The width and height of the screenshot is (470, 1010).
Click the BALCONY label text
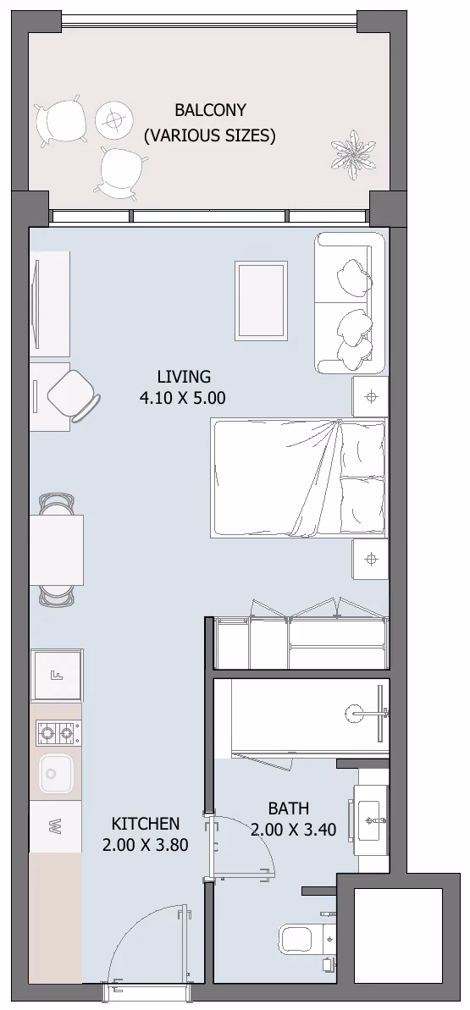point(210,110)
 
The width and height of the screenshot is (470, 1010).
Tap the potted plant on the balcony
point(352,154)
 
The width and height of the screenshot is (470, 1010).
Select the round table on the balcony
point(114,119)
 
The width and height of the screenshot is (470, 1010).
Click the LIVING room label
point(184,376)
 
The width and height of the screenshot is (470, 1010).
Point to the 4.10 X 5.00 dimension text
point(182,398)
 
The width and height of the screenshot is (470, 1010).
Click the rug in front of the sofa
point(261,301)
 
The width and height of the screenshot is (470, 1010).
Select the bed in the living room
point(299,478)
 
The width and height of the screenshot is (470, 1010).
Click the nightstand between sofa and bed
point(370,397)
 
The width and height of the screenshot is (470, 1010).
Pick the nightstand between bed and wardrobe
point(370,559)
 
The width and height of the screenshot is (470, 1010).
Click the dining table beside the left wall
point(57,549)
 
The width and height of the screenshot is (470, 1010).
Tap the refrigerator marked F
point(57,675)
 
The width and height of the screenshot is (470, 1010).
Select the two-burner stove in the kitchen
point(57,732)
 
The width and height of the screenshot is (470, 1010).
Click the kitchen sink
point(57,774)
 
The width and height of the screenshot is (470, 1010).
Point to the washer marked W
point(56,826)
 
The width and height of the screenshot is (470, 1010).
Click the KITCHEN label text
point(146,823)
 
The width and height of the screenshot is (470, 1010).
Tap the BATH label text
point(289,808)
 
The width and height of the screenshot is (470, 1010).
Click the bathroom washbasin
point(372,820)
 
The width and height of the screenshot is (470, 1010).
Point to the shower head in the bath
point(355,712)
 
